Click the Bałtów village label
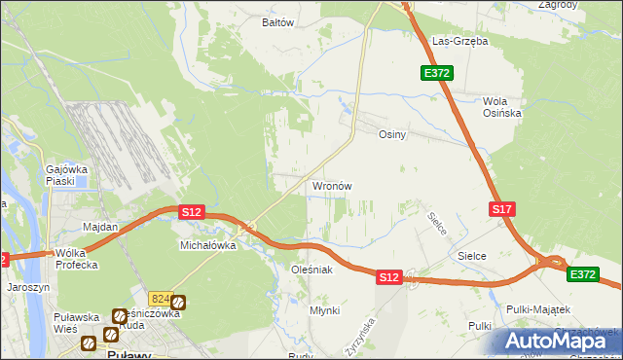click(x=278, y=21)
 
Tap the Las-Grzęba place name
click(x=460, y=42)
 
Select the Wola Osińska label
click(x=502, y=107)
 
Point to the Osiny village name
click(x=391, y=135)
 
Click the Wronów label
click(x=331, y=186)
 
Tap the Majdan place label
click(x=100, y=227)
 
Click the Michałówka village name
click(x=209, y=246)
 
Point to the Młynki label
click(x=324, y=310)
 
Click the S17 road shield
click(x=501, y=209)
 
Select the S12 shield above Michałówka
click(x=191, y=211)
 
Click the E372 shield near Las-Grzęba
click(x=435, y=73)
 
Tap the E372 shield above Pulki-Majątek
click(x=583, y=275)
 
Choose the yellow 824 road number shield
click(x=161, y=300)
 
